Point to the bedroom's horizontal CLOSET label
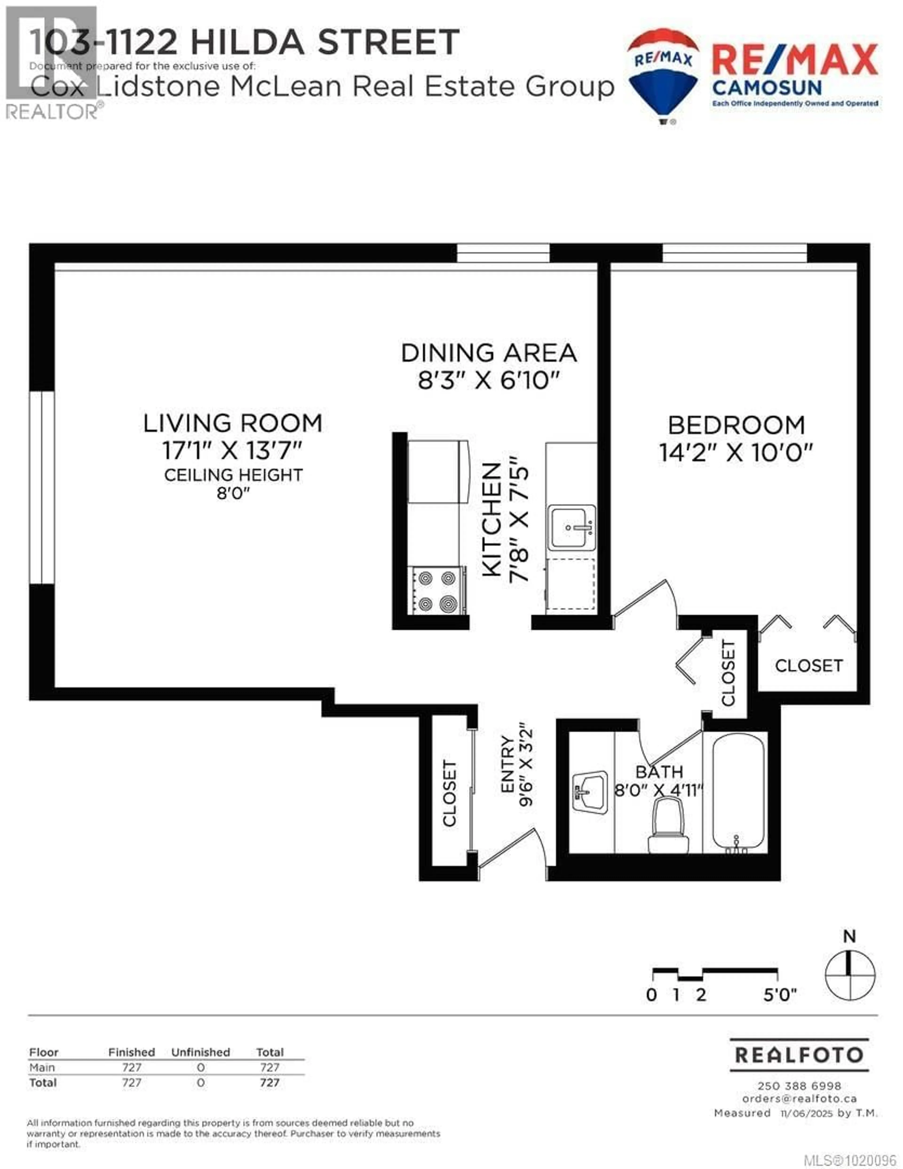pos(808,666)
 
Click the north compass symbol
pos(850,975)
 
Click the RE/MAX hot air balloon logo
pos(663,75)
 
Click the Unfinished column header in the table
pos(201,1052)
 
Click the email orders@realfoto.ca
pos(799,1098)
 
